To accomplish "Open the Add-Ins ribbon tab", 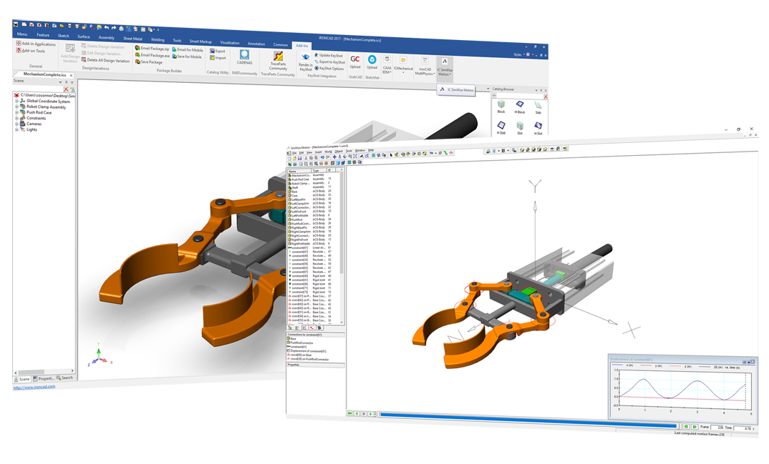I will [304, 44].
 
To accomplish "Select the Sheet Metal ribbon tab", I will [132, 36].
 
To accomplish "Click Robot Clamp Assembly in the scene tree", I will [46, 107].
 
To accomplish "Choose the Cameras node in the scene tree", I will [34, 124].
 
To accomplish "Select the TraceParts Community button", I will [278, 61].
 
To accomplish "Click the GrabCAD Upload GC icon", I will [355, 60].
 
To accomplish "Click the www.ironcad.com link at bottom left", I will [34, 387].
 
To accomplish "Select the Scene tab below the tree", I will [24, 377].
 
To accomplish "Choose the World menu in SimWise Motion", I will [327, 151].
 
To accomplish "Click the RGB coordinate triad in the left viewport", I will [99, 356].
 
